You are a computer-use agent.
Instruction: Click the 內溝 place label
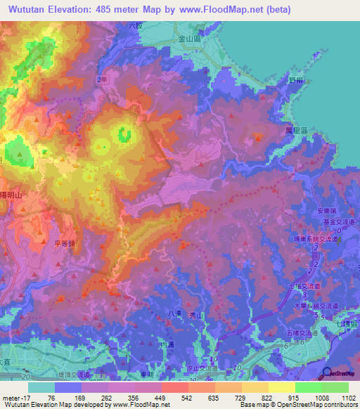(167, 345)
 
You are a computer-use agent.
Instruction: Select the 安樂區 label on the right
(329, 212)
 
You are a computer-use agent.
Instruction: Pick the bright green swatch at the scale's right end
(335, 387)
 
